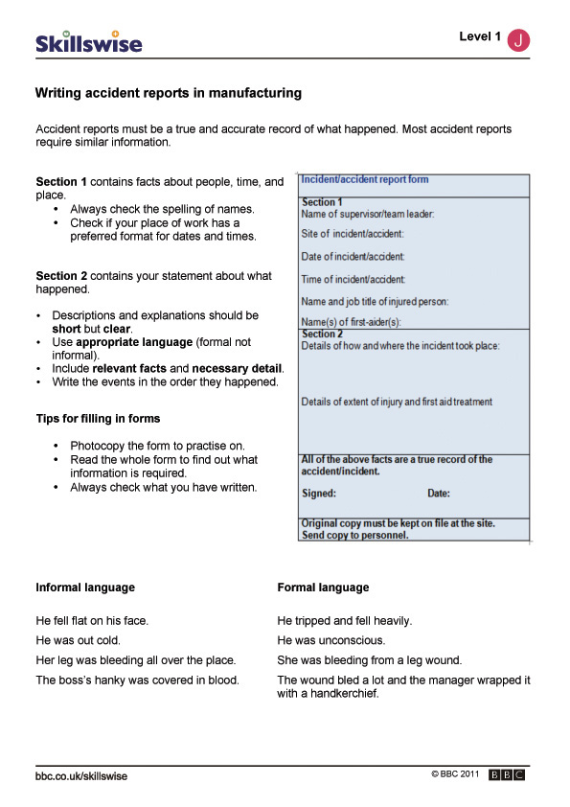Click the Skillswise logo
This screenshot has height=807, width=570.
[x=88, y=41]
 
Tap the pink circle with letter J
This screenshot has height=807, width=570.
[x=518, y=39]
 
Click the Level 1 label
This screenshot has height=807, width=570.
[x=479, y=37]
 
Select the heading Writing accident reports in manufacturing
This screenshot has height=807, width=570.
[x=169, y=94]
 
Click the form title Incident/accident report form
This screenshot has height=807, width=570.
[x=365, y=180]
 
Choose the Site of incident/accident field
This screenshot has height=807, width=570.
[x=353, y=234]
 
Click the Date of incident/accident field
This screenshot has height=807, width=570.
[x=353, y=257]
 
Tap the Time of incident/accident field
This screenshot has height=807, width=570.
[x=353, y=280]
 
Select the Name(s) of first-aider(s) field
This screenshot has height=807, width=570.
[x=352, y=323]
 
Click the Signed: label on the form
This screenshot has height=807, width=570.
[x=319, y=495]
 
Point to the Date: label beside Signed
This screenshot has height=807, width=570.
[x=438, y=495]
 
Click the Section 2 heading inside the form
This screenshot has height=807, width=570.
[x=322, y=334]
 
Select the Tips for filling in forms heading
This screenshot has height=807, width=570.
[x=98, y=418]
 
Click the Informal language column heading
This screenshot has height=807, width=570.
[x=85, y=588]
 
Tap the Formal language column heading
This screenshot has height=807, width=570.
[x=323, y=588]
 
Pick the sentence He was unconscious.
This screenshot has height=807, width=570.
[x=331, y=640]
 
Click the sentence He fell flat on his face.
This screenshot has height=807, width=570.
[x=92, y=621]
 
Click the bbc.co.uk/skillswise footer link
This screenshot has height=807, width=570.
[x=81, y=776]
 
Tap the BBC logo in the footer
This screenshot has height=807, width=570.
[x=507, y=775]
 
